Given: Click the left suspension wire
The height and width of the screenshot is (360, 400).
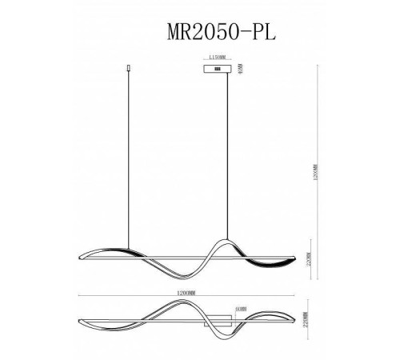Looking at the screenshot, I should tap(130, 160).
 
